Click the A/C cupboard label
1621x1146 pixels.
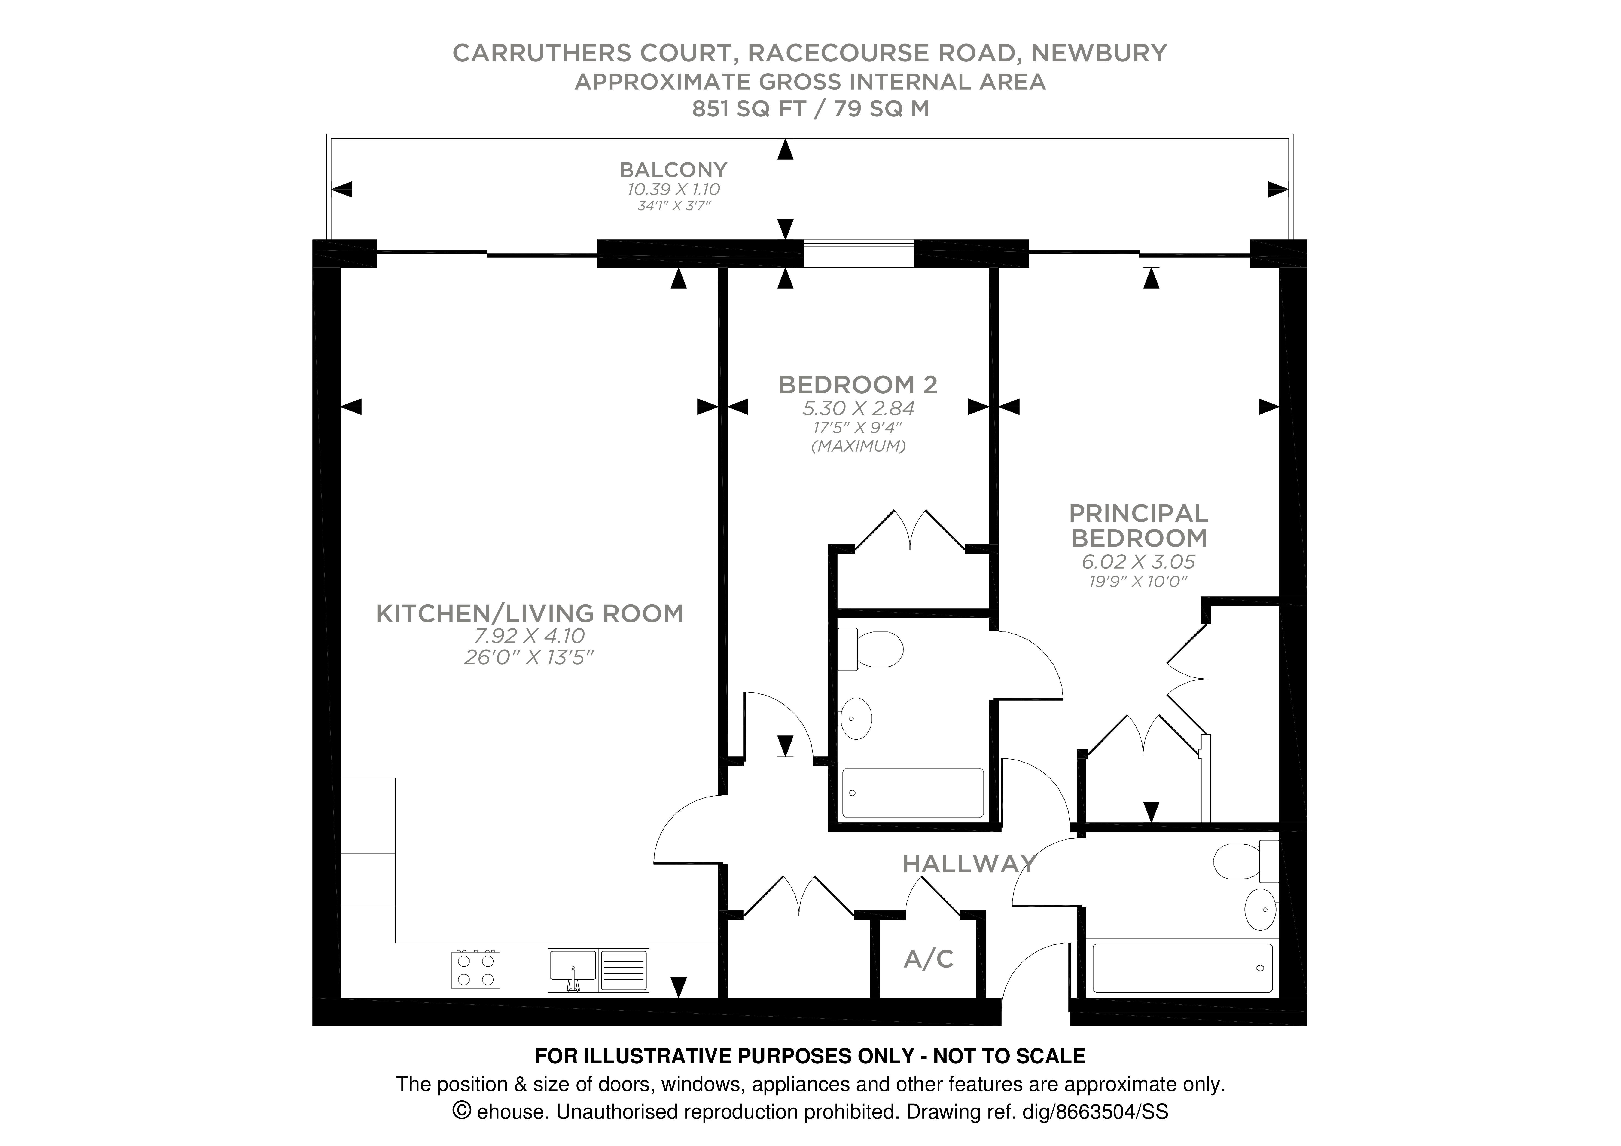point(928,959)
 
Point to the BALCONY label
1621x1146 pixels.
point(673,170)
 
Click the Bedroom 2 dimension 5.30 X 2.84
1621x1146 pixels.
point(858,408)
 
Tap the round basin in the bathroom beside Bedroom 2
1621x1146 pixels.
point(856,719)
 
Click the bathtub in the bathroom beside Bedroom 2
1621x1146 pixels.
point(913,793)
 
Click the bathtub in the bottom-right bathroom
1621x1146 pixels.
point(1182,967)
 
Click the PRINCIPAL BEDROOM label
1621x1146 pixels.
point(1138,525)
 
